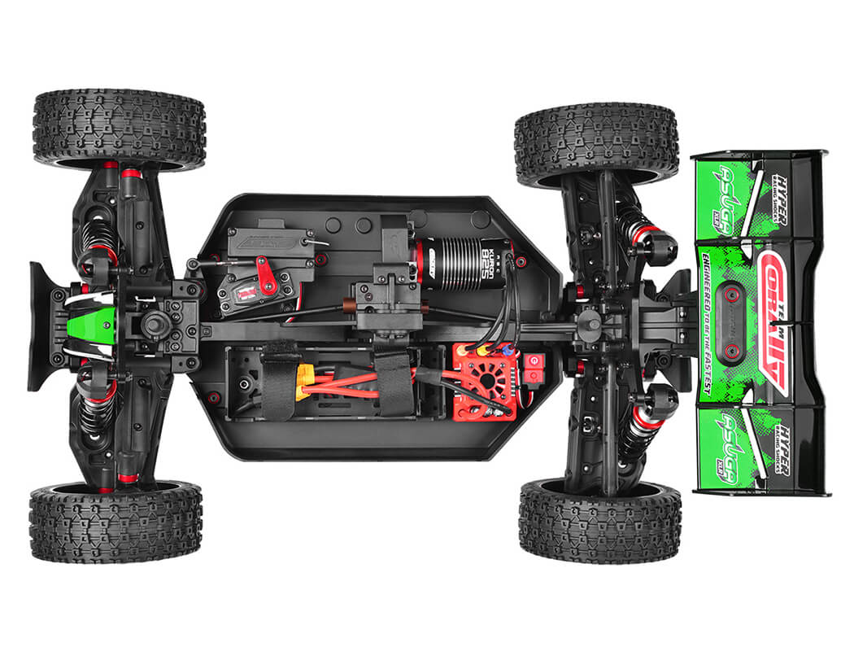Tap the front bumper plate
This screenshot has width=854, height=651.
click(x=41, y=325)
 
